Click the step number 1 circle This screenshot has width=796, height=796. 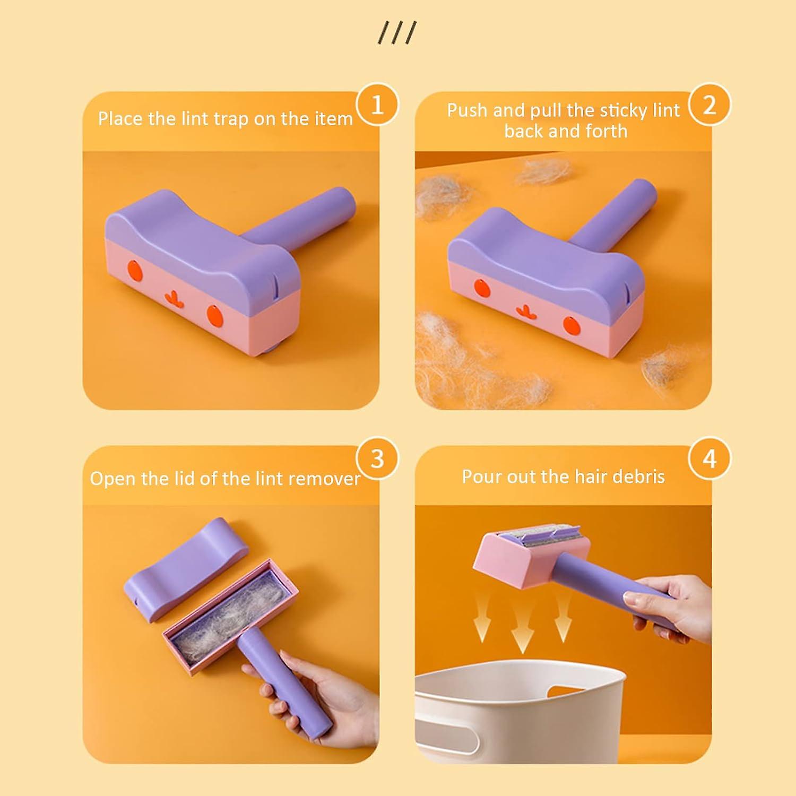click(x=377, y=105)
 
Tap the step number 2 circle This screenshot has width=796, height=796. click(x=710, y=105)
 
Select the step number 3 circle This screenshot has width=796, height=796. click(x=377, y=458)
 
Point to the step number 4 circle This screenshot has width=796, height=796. click(x=710, y=458)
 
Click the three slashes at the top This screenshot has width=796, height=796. click(x=397, y=33)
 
